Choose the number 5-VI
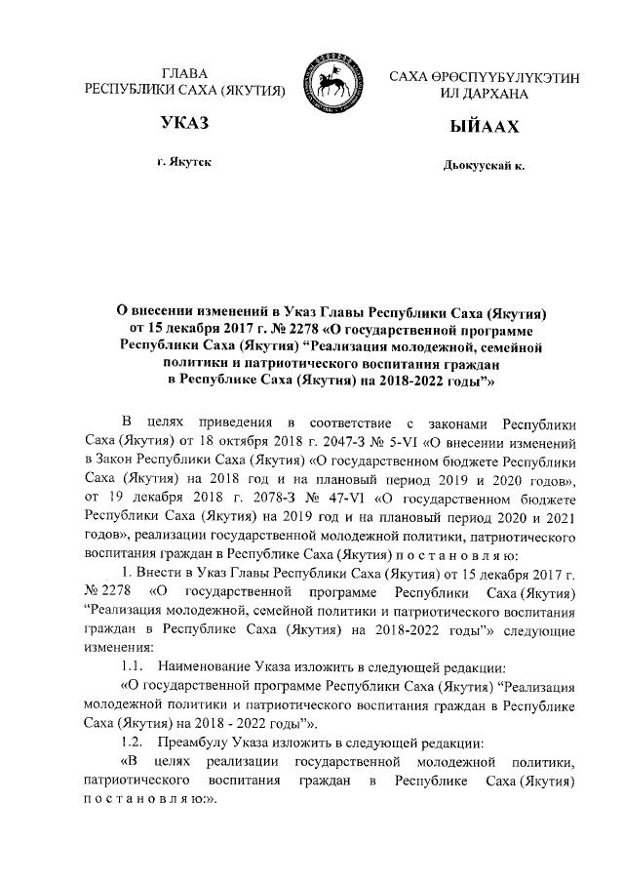pos(403,440)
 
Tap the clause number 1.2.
pos(133,742)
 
